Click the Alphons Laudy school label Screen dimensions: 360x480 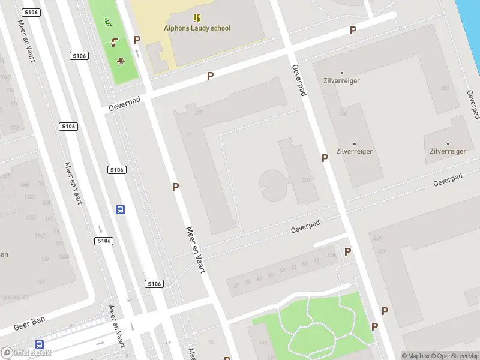pyautogui.click(x=197, y=28)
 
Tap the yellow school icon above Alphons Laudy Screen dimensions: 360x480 pyautogui.click(x=197, y=18)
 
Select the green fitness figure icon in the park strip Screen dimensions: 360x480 pyautogui.click(x=108, y=23)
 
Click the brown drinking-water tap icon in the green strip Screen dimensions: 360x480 pyautogui.click(x=115, y=42)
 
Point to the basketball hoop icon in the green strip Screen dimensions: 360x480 pyautogui.click(x=121, y=60)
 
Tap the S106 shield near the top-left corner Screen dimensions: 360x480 pyautogui.click(x=31, y=13)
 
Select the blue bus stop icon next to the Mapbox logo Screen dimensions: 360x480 pyautogui.click(x=40, y=344)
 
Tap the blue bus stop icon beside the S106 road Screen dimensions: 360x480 pyautogui.click(x=120, y=209)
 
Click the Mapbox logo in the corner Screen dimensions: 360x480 pyautogui.click(x=26, y=353)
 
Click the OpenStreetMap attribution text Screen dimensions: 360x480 pyautogui.click(x=454, y=356)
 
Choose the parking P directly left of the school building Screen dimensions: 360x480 pyautogui.click(x=137, y=40)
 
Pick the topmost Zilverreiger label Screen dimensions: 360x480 pyautogui.click(x=341, y=80)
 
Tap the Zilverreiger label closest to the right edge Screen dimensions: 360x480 pyautogui.click(x=448, y=151)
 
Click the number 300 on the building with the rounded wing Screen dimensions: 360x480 pyautogui.click(x=307, y=180)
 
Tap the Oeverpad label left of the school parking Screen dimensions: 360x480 pyautogui.click(x=124, y=104)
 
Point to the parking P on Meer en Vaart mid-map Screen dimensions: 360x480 pyautogui.click(x=176, y=187)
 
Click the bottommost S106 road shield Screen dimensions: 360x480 pyautogui.click(x=154, y=283)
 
